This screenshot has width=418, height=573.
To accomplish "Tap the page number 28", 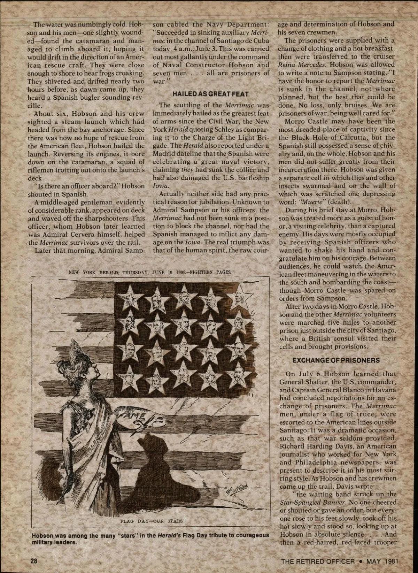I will click(34, 562).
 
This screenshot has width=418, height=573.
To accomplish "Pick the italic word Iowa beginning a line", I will click(159, 186).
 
